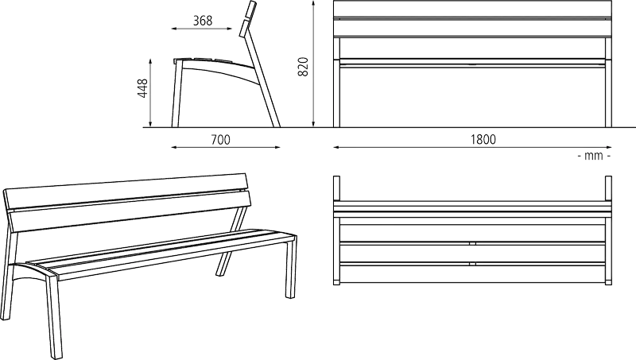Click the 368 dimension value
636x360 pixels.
pyautogui.click(x=203, y=21)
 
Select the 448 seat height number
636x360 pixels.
pyautogui.click(x=142, y=88)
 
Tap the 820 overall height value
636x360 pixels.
pyautogui.click(x=303, y=67)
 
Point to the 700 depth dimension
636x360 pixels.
pyautogui.click(x=220, y=139)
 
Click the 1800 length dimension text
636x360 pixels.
pyautogui.click(x=483, y=139)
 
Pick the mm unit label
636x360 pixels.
pyautogui.click(x=594, y=156)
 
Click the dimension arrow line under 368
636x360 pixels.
pyautogui.click(x=202, y=29)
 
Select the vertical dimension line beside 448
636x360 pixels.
pyautogui.click(x=150, y=93)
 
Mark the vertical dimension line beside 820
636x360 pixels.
pyautogui.click(x=313, y=64)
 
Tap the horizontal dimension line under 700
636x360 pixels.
pyautogui.click(x=226, y=147)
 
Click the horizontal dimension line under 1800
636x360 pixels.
pyautogui.click(x=472, y=147)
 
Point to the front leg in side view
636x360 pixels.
pyautogui.click(x=176, y=94)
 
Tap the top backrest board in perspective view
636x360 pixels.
pyautogui.click(x=126, y=191)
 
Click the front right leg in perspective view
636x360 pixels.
pyautogui.click(x=291, y=268)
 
